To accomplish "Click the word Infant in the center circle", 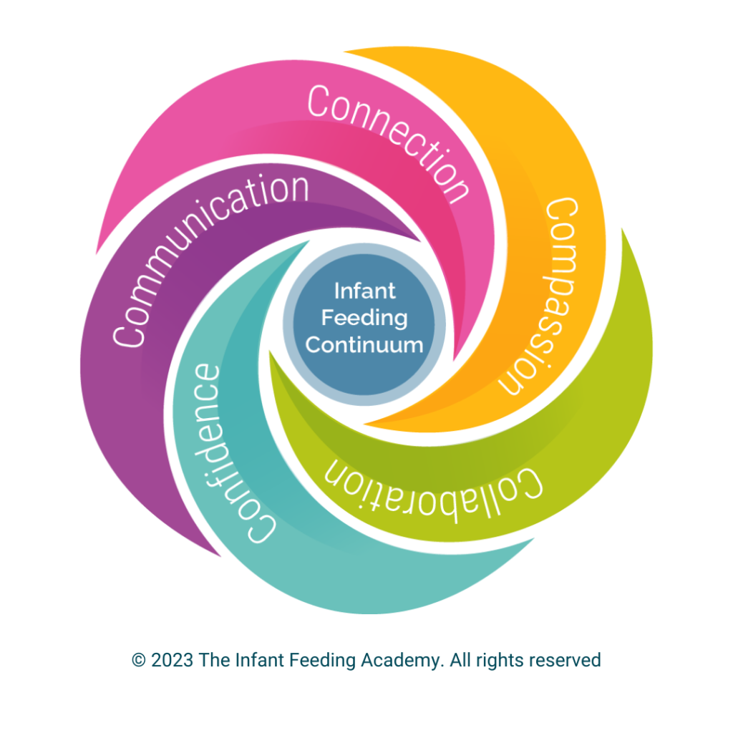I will click(x=364, y=292).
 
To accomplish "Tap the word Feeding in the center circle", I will click(x=364, y=318).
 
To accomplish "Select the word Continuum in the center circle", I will click(x=364, y=344).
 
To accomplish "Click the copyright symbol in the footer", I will click(x=138, y=660).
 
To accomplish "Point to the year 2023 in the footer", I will click(x=172, y=660).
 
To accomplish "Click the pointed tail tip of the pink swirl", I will click(x=96, y=255).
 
